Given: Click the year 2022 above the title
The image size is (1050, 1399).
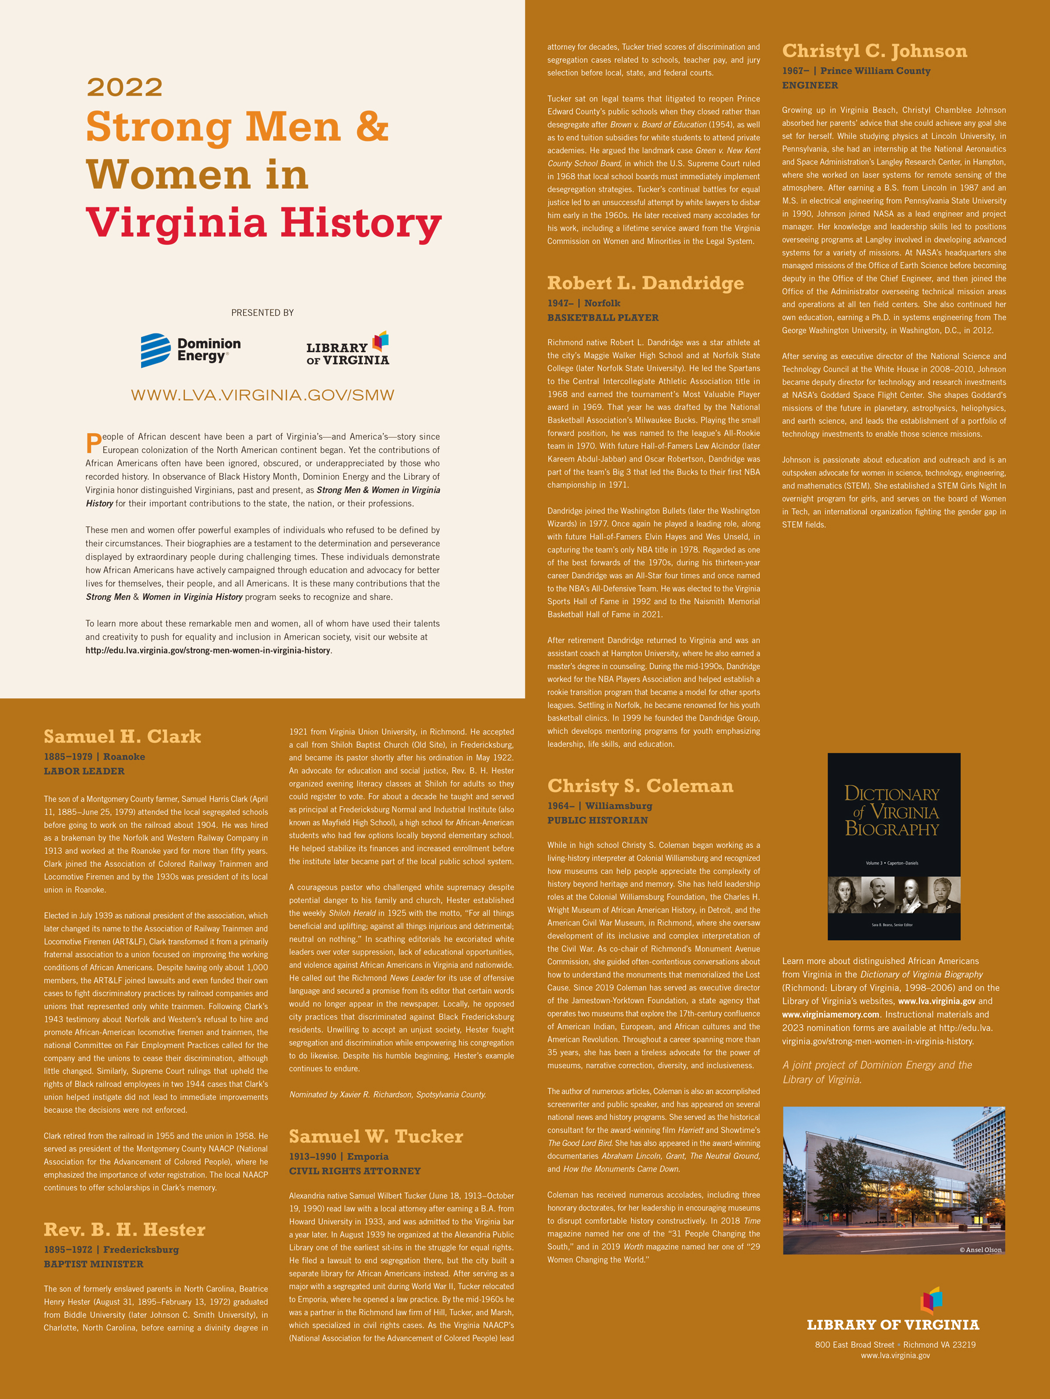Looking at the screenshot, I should point(125,87).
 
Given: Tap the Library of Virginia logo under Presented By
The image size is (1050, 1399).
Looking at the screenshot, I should point(348,349).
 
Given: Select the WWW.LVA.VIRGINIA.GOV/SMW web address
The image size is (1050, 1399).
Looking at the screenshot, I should point(262,395).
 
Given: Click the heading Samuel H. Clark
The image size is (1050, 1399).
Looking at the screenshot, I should point(122,736).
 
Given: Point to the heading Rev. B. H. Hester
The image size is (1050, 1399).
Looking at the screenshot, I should point(125,1229).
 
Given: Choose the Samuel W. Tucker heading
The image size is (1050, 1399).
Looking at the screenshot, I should point(376,1137).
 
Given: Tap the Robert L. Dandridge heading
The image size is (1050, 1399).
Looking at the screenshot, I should point(646,283).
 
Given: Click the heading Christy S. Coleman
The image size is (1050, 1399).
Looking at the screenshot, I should point(640,786).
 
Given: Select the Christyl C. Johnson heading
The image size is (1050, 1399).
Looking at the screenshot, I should point(874,51).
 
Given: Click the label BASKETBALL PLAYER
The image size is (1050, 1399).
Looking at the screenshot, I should point(603,318).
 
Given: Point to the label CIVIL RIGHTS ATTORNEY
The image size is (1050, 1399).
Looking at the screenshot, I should point(355,1170).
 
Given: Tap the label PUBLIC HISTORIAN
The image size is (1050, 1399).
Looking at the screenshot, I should point(597,820).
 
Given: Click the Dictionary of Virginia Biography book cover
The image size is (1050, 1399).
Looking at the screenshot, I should point(894,846).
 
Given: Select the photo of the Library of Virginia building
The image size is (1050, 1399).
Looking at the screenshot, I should point(894,1180).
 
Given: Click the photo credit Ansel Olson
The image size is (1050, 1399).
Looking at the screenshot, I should point(981,1250).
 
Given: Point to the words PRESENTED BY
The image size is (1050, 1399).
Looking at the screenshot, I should point(262,312).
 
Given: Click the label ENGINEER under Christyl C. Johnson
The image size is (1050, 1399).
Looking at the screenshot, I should point(810,85).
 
